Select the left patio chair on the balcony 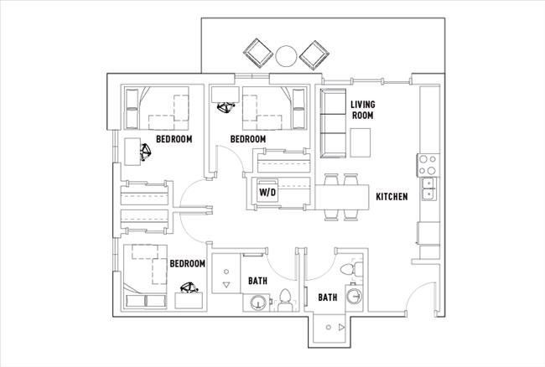(257, 54)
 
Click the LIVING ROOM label (362, 110)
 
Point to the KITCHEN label (392, 197)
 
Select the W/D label (267, 193)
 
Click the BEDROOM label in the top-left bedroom (174, 139)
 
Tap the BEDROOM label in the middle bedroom (248, 139)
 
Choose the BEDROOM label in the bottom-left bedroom (188, 263)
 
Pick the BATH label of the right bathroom (327, 297)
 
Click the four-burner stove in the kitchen (426, 160)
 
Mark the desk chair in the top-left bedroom (145, 152)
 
